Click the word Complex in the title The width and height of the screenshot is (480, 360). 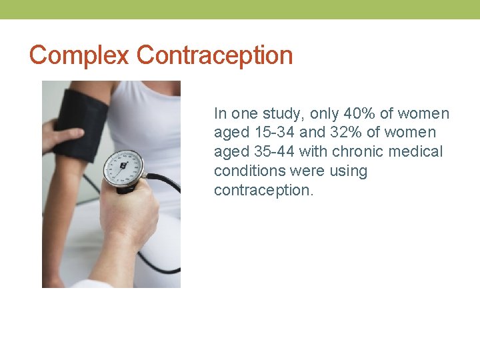(79, 55)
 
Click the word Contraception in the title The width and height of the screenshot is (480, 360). (215, 55)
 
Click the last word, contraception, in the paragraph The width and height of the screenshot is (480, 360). (263, 191)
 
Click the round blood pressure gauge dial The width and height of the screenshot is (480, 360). (124, 167)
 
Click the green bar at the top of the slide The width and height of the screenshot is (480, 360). (240, 9)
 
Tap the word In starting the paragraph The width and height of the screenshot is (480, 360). (220, 114)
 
